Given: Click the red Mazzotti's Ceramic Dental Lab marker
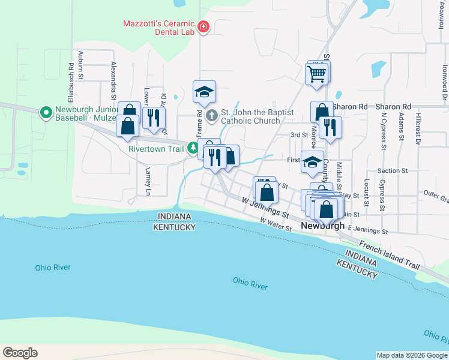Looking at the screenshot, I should point(203,27).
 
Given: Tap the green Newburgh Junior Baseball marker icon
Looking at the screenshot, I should point(46,112).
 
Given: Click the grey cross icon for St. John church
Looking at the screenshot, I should point(211,115).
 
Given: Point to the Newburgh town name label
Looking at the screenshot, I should point(322,226).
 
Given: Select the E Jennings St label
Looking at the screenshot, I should point(368,229).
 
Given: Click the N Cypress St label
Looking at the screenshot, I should point(381,122).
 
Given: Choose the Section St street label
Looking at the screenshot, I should point(393,171).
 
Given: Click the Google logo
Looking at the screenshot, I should point(20,353).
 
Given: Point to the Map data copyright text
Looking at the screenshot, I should point(412,355).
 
